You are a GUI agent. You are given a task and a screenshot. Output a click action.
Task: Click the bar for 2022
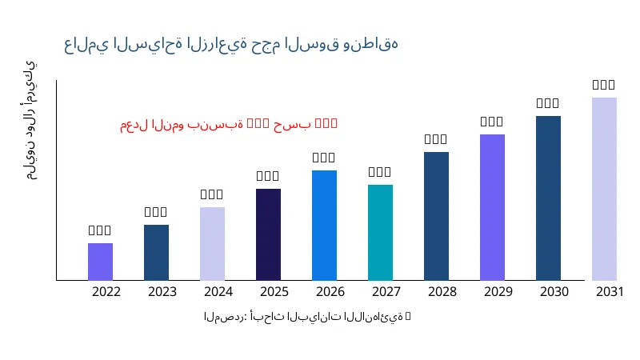(x=100, y=262)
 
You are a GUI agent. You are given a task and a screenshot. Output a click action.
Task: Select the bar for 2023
(x=156, y=252)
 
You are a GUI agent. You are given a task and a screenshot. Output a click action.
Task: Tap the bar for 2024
(x=212, y=243)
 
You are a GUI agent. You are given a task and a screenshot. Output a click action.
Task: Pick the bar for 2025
(x=268, y=234)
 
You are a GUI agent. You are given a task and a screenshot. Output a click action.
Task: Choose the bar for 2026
(x=324, y=225)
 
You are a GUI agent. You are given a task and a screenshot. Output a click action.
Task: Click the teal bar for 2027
(x=380, y=232)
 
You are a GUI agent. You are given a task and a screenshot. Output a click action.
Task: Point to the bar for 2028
(x=436, y=216)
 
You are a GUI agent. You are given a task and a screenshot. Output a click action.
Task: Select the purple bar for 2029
(x=492, y=207)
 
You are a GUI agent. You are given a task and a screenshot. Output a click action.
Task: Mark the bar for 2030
(x=548, y=198)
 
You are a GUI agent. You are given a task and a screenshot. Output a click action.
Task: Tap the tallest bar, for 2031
(x=604, y=189)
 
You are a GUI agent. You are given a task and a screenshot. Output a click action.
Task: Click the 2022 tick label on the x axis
(x=106, y=292)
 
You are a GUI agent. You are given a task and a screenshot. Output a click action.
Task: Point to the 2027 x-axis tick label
(x=386, y=292)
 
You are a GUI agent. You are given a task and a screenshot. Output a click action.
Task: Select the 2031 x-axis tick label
(x=610, y=292)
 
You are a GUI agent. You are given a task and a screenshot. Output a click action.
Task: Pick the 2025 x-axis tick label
(x=274, y=292)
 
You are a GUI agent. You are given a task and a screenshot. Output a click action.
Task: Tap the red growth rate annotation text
(x=229, y=124)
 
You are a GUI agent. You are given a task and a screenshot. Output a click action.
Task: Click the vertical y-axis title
(x=30, y=120)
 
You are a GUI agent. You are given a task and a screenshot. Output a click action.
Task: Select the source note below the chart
(x=307, y=317)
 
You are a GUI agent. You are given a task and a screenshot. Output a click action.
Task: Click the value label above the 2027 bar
(x=380, y=172)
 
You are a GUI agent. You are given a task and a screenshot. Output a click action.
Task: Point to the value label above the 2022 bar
(x=100, y=230)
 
